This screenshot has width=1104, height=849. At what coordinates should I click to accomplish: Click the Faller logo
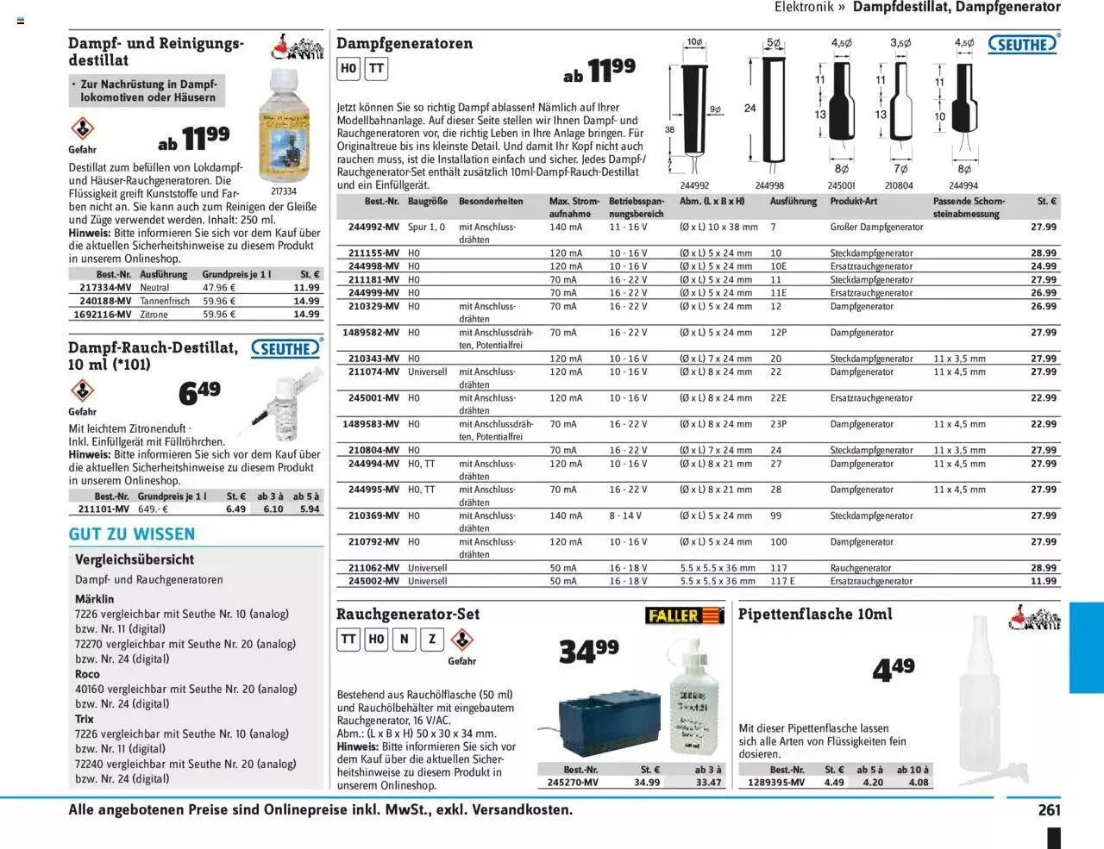(684, 615)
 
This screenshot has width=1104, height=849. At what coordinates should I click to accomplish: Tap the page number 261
(1049, 810)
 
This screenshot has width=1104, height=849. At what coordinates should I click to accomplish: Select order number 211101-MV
(104, 509)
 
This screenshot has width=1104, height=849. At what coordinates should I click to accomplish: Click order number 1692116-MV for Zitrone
(103, 315)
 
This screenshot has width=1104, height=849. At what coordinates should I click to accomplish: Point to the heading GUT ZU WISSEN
(132, 534)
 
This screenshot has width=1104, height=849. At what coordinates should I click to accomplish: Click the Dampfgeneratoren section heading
(405, 43)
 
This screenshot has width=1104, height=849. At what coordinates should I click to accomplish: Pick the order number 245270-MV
(573, 783)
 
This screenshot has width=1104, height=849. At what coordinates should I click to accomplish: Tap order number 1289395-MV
(775, 783)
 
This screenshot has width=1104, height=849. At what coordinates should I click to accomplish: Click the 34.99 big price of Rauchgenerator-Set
(588, 651)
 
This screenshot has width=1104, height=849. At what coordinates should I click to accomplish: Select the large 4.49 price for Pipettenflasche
(893, 669)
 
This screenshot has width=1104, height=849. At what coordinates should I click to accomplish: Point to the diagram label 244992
(694, 185)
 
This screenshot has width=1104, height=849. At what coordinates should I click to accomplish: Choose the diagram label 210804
(899, 185)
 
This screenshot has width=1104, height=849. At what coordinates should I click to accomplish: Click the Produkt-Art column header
(853, 202)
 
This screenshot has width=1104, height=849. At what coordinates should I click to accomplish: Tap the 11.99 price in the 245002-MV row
(1044, 582)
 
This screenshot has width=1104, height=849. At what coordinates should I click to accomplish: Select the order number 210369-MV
(373, 516)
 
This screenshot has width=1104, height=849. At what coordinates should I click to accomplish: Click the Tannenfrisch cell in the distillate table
(165, 302)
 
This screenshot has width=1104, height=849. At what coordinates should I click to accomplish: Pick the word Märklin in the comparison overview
(94, 599)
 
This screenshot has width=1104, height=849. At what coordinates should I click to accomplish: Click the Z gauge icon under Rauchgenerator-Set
(432, 639)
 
